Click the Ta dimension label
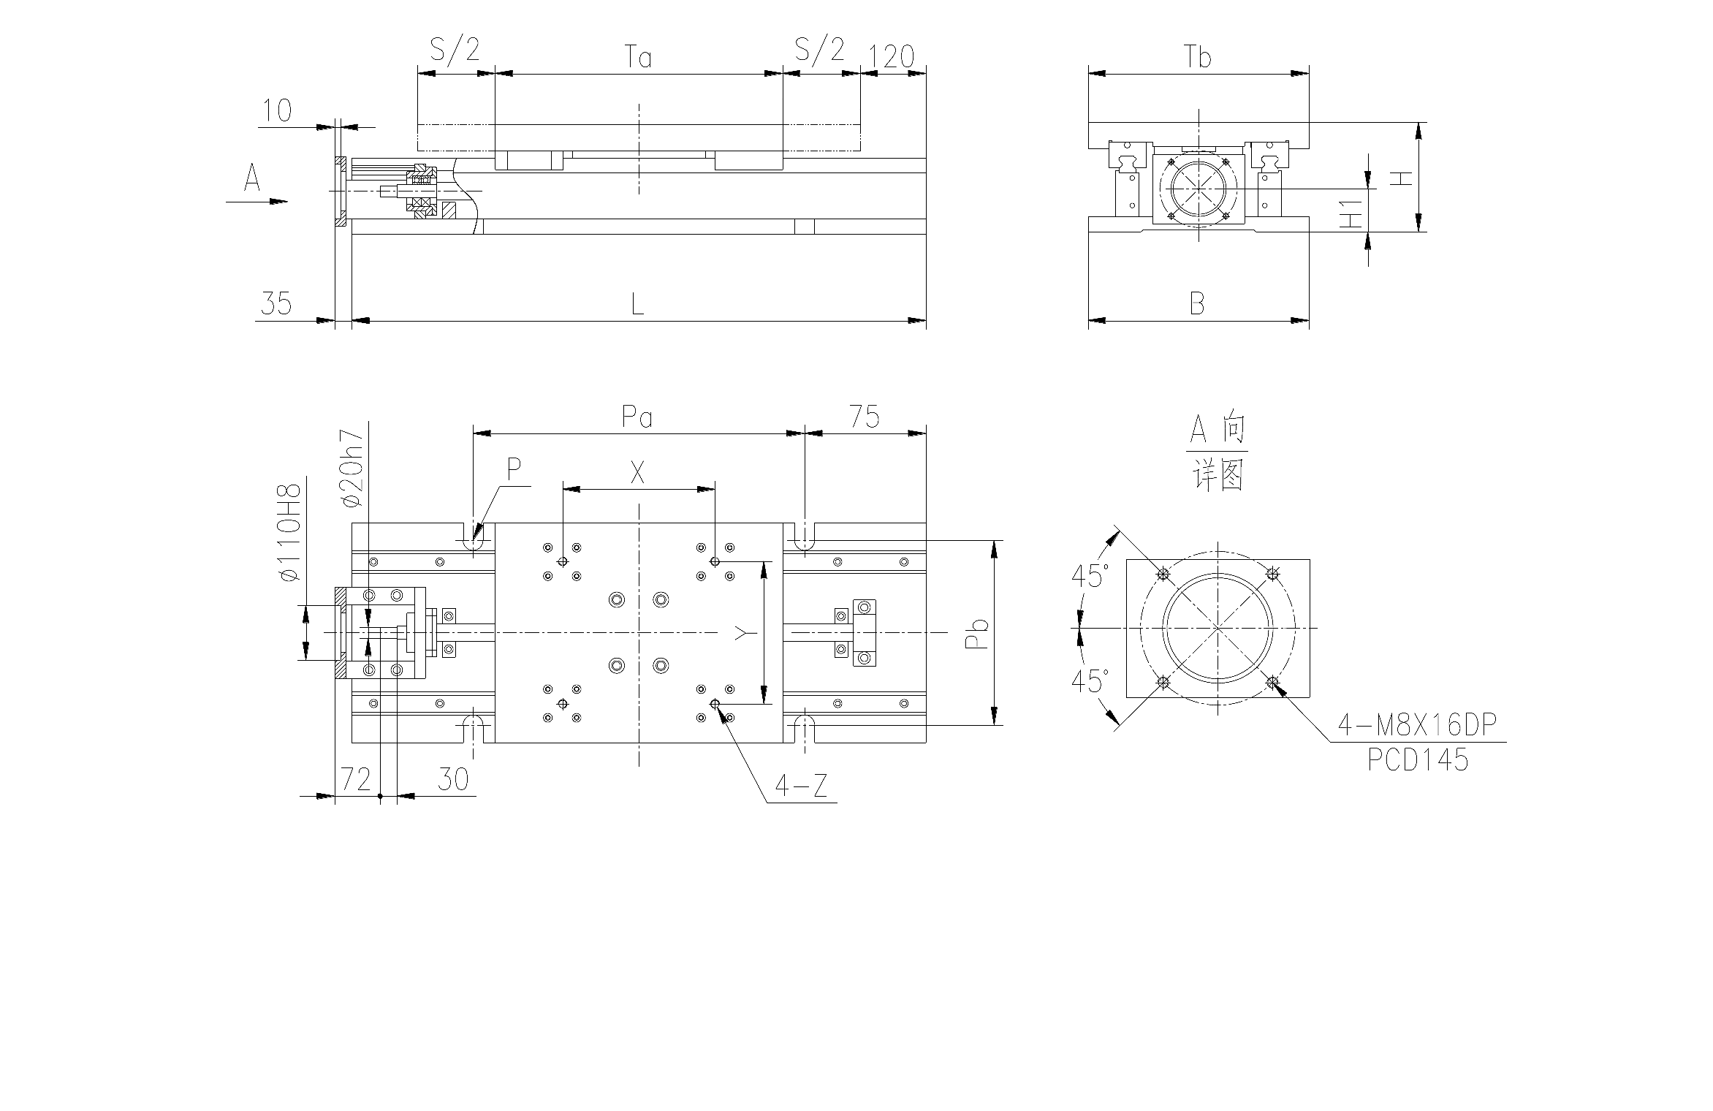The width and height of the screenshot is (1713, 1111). click(x=638, y=56)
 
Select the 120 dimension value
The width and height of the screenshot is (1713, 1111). click(x=892, y=56)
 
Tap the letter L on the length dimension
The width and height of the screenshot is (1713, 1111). click(x=637, y=303)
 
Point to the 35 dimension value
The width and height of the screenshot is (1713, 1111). click(x=276, y=303)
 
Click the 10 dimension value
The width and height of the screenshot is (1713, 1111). click(x=277, y=110)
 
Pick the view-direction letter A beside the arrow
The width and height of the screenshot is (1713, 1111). click(x=252, y=178)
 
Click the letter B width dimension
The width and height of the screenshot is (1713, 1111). click(x=1197, y=303)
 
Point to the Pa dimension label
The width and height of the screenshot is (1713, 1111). click(x=637, y=417)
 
